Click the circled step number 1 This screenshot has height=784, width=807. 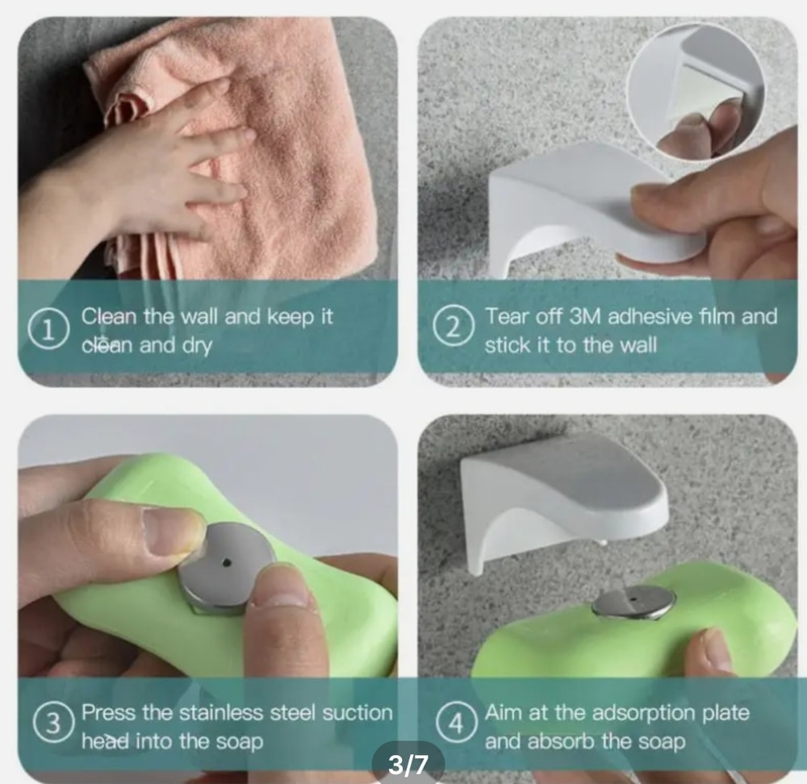point(48,330)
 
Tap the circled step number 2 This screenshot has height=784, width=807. point(453,327)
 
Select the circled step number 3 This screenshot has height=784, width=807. point(53,723)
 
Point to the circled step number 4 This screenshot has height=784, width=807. point(457,723)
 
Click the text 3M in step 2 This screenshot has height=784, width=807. point(585,316)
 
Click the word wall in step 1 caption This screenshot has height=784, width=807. point(200,316)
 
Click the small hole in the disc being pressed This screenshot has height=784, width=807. point(227,563)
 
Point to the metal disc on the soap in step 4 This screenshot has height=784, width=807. point(633,603)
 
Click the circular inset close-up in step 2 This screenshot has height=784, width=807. point(696,90)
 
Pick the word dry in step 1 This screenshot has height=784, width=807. point(197,346)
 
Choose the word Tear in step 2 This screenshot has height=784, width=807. point(505,316)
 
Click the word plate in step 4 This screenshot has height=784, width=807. point(726,714)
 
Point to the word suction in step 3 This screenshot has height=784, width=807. point(358,713)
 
